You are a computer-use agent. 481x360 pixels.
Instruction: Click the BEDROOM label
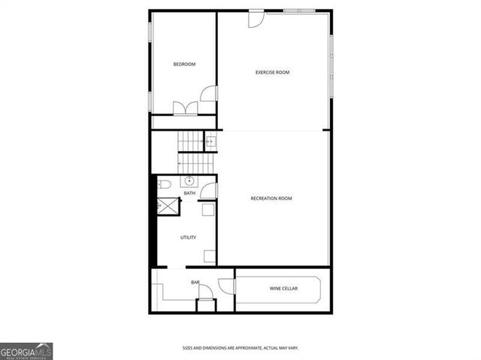pos(184,65)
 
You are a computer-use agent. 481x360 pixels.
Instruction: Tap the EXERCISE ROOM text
pos(272,73)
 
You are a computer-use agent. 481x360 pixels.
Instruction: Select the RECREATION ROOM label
pos(271,198)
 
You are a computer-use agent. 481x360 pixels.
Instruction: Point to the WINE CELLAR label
pos(283,289)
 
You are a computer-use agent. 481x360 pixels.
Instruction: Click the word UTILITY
pos(188,237)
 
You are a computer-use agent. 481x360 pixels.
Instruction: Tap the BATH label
pos(189,193)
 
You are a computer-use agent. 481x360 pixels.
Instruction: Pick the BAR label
pos(195,283)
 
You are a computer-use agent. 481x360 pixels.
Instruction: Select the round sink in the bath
pos(189,181)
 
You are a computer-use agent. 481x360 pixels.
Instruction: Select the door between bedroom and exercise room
pos(210,94)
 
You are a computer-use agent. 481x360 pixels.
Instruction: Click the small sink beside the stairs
pos(210,141)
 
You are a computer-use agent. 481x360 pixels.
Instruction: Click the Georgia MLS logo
pos(26,351)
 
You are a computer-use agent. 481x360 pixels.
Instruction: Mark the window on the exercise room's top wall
pos(299,11)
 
